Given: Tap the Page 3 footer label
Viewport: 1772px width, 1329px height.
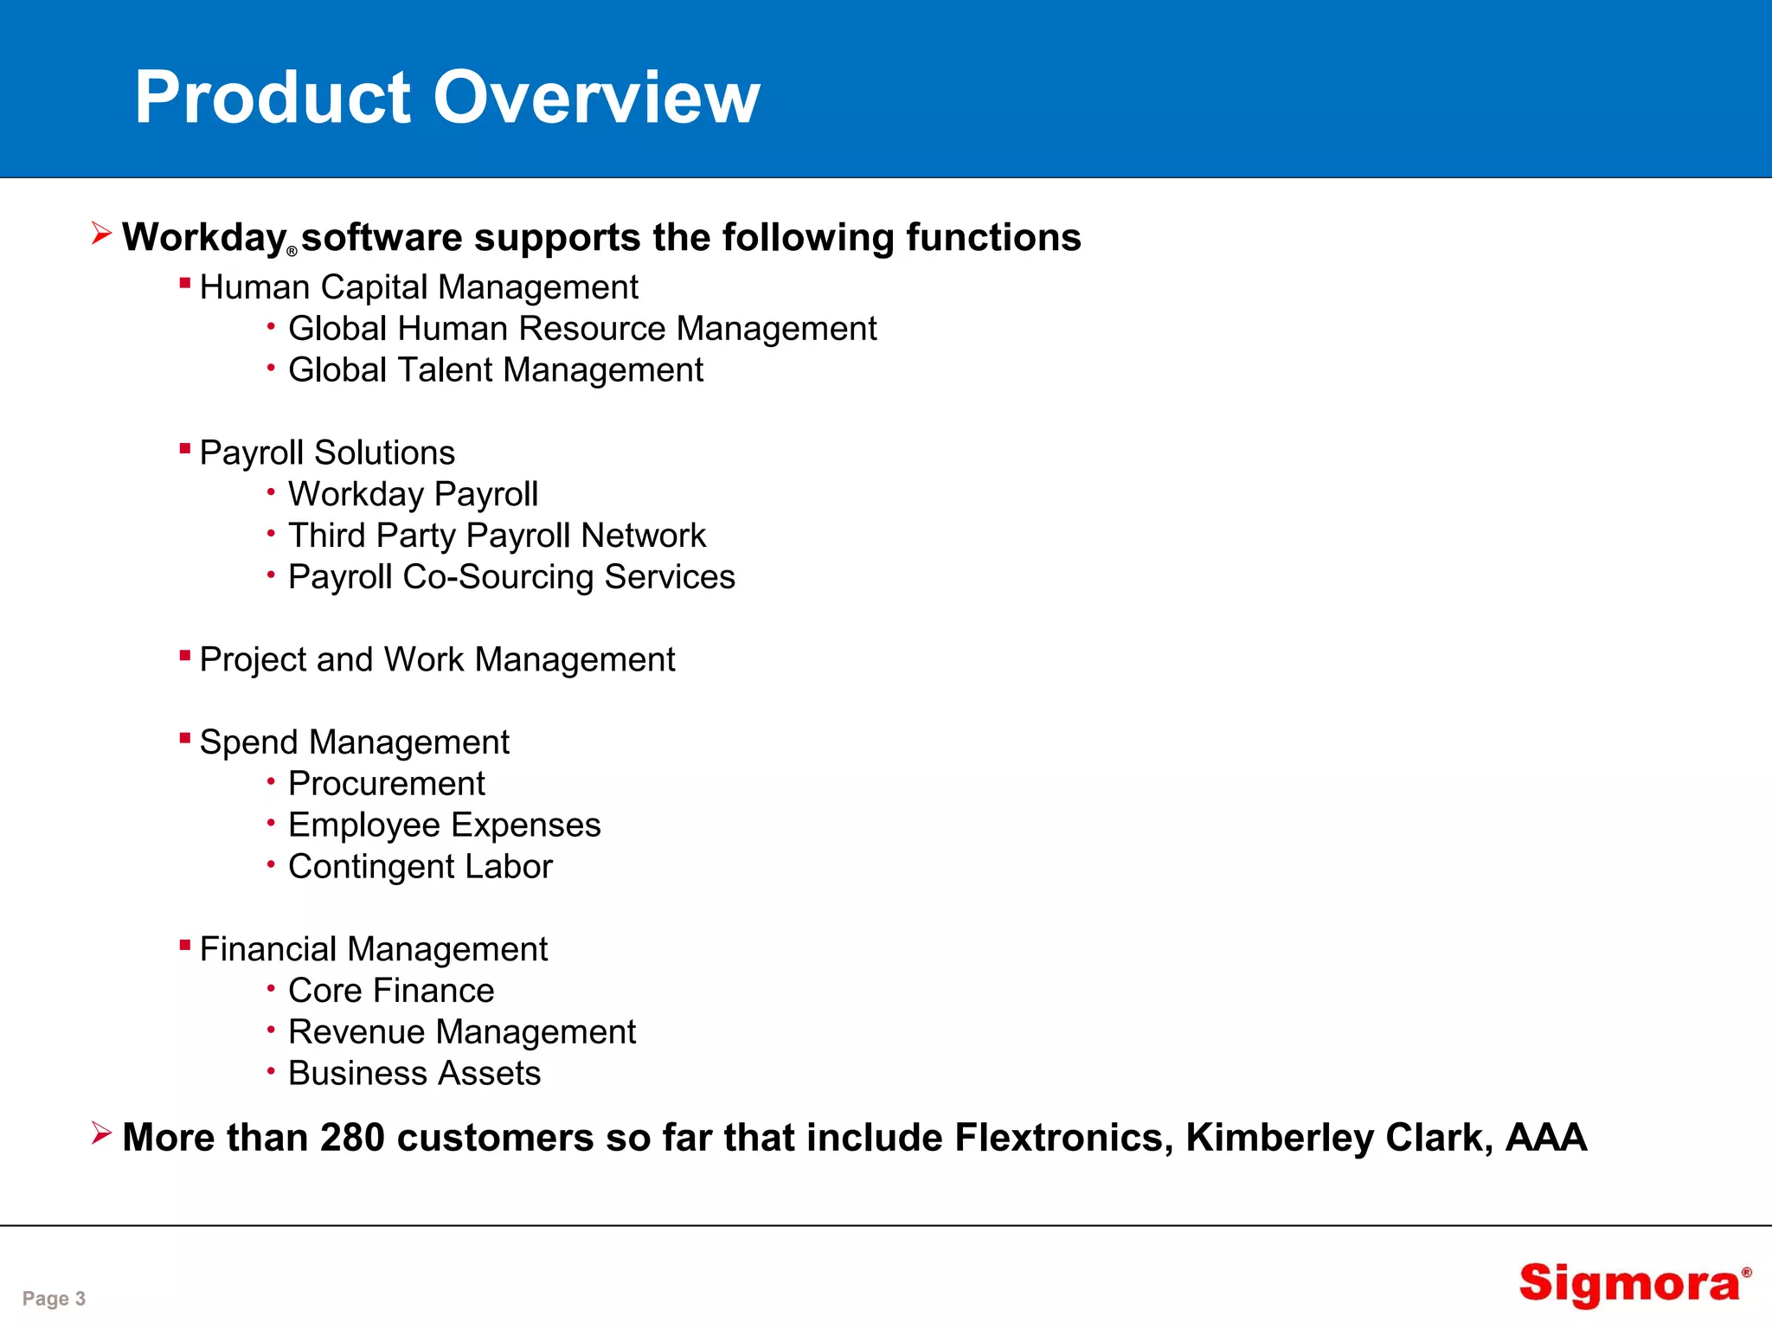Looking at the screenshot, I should point(54,1298).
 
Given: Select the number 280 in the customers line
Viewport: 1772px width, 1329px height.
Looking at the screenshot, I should point(352,1137).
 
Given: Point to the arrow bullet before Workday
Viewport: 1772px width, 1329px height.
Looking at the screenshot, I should point(101,233).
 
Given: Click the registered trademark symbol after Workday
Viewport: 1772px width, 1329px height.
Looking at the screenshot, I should point(292,252).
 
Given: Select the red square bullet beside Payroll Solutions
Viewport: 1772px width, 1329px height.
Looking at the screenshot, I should point(184,448).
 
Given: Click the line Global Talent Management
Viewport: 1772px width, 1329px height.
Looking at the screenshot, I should point(496,370).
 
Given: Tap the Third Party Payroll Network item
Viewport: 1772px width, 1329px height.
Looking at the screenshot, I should point(497,536).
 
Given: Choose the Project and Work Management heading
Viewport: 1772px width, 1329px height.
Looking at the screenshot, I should point(437,659).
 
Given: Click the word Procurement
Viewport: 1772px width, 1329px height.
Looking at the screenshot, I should point(386,784).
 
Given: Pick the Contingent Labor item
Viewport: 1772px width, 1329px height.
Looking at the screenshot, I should point(420,867).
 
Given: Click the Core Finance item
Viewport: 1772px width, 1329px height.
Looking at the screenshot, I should point(391,991).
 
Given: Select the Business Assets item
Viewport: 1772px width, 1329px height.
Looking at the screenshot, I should point(414,1074).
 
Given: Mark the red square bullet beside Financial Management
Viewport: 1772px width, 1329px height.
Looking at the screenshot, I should point(184,945).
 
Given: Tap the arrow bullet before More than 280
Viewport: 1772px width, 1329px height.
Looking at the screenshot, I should point(101,1133).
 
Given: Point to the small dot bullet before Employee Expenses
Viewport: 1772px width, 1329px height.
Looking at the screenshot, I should point(271,822).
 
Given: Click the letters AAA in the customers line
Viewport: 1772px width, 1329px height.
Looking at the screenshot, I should point(1546,1137).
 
